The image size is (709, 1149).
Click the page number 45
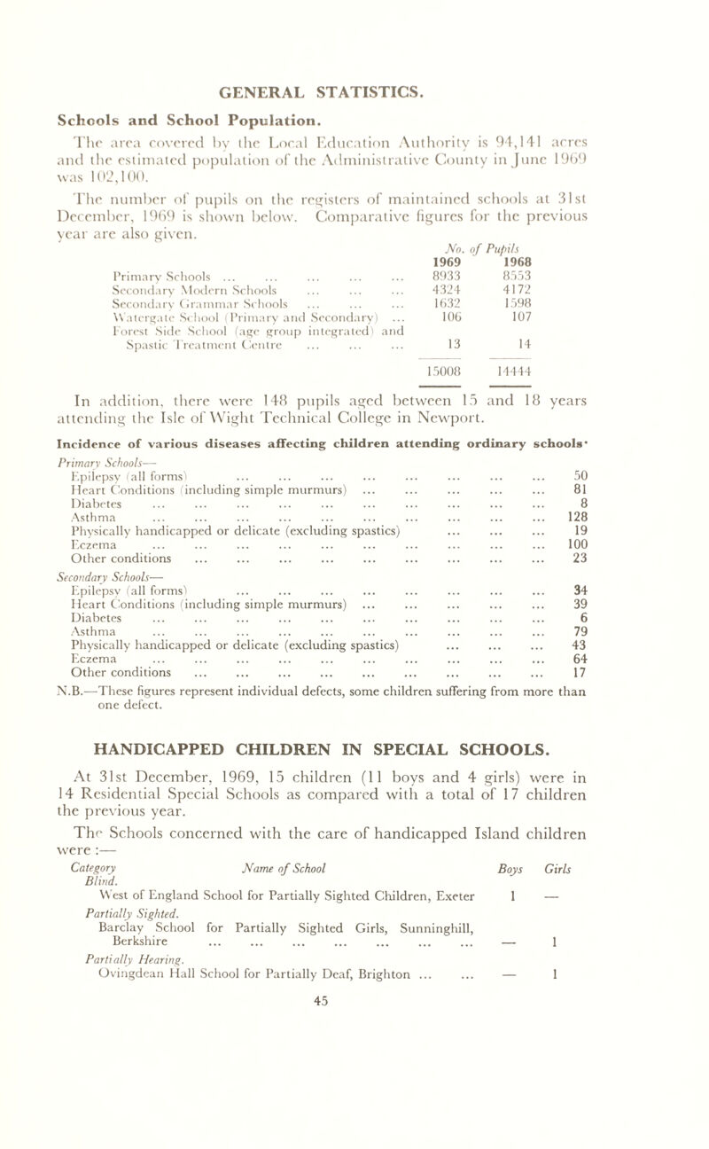(x=354, y=1126)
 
